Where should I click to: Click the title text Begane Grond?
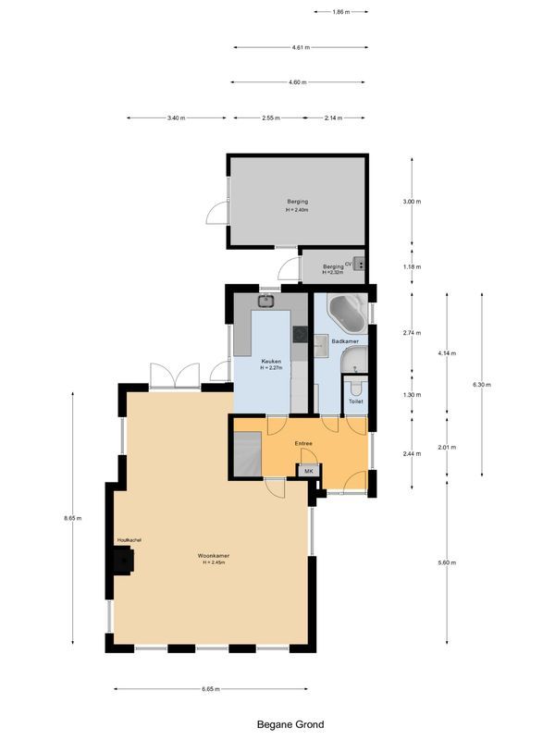[x=290, y=725]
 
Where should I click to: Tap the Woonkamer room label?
[x=214, y=556]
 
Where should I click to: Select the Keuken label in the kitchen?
[x=270, y=360]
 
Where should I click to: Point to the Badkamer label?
[x=345, y=341]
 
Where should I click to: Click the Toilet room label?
[x=356, y=402]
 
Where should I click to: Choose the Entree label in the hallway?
[x=303, y=443]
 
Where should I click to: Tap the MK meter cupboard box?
[x=310, y=471]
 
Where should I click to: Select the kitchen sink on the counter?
[x=266, y=299]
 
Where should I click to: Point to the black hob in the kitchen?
[x=299, y=334]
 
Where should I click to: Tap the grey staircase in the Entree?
[x=247, y=454]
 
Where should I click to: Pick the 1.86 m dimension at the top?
[x=341, y=12]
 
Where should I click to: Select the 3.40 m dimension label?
[x=176, y=118]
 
